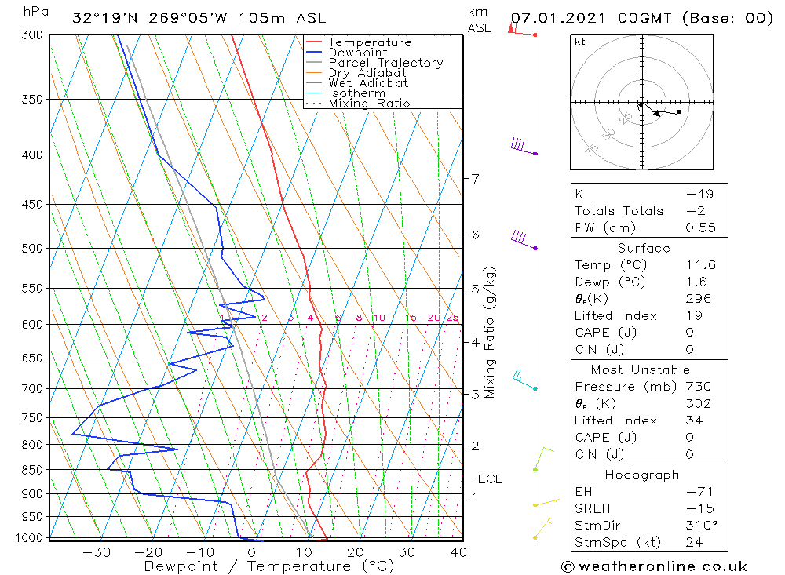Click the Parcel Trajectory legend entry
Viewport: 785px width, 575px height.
(x=385, y=63)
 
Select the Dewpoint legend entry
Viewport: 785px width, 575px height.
(x=358, y=53)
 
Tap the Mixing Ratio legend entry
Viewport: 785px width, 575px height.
(x=369, y=103)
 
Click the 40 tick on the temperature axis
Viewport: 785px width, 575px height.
(x=458, y=552)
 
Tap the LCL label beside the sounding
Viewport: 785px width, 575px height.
(x=489, y=479)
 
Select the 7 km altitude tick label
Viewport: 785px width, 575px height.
(x=475, y=179)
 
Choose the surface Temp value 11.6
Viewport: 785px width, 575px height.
(x=700, y=265)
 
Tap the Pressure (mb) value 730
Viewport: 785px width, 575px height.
(x=698, y=387)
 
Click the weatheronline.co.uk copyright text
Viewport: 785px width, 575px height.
(x=654, y=566)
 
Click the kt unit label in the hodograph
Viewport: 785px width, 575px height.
(x=579, y=42)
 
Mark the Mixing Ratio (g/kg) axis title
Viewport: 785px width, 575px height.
(x=491, y=332)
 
